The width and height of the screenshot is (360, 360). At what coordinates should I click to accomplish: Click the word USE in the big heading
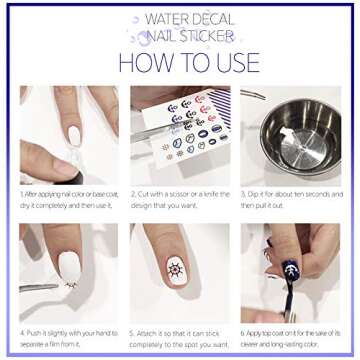[x=236, y=62]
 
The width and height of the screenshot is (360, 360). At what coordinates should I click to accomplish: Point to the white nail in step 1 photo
[x=73, y=134]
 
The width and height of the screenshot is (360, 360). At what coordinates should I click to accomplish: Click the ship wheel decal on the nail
[x=177, y=269]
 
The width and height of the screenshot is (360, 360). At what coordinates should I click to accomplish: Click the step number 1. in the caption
[x=21, y=194]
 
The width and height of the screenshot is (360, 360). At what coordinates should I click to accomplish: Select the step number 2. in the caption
[x=132, y=194]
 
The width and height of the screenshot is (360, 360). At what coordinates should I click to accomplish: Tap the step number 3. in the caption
[x=243, y=194]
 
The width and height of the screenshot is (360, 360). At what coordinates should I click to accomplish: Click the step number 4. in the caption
[x=21, y=330]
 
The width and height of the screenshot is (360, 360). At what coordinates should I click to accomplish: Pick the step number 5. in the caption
[x=132, y=330]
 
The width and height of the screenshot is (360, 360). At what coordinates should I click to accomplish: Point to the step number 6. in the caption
[x=243, y=330]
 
